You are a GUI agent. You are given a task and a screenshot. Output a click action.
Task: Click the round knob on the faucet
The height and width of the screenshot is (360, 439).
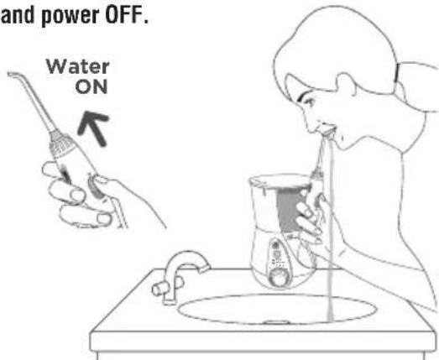click(159, 289)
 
